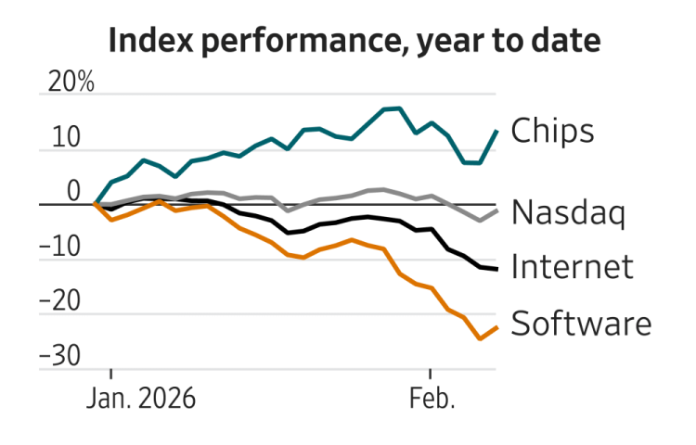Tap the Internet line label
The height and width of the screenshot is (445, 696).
[572, 267]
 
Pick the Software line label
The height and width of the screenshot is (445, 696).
[581, 324]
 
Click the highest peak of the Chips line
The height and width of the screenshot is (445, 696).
[398, 108]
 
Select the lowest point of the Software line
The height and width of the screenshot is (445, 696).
[480, 338]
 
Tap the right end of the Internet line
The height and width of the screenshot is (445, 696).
[497, 269]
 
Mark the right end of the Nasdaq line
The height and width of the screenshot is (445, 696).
[497, 210]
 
